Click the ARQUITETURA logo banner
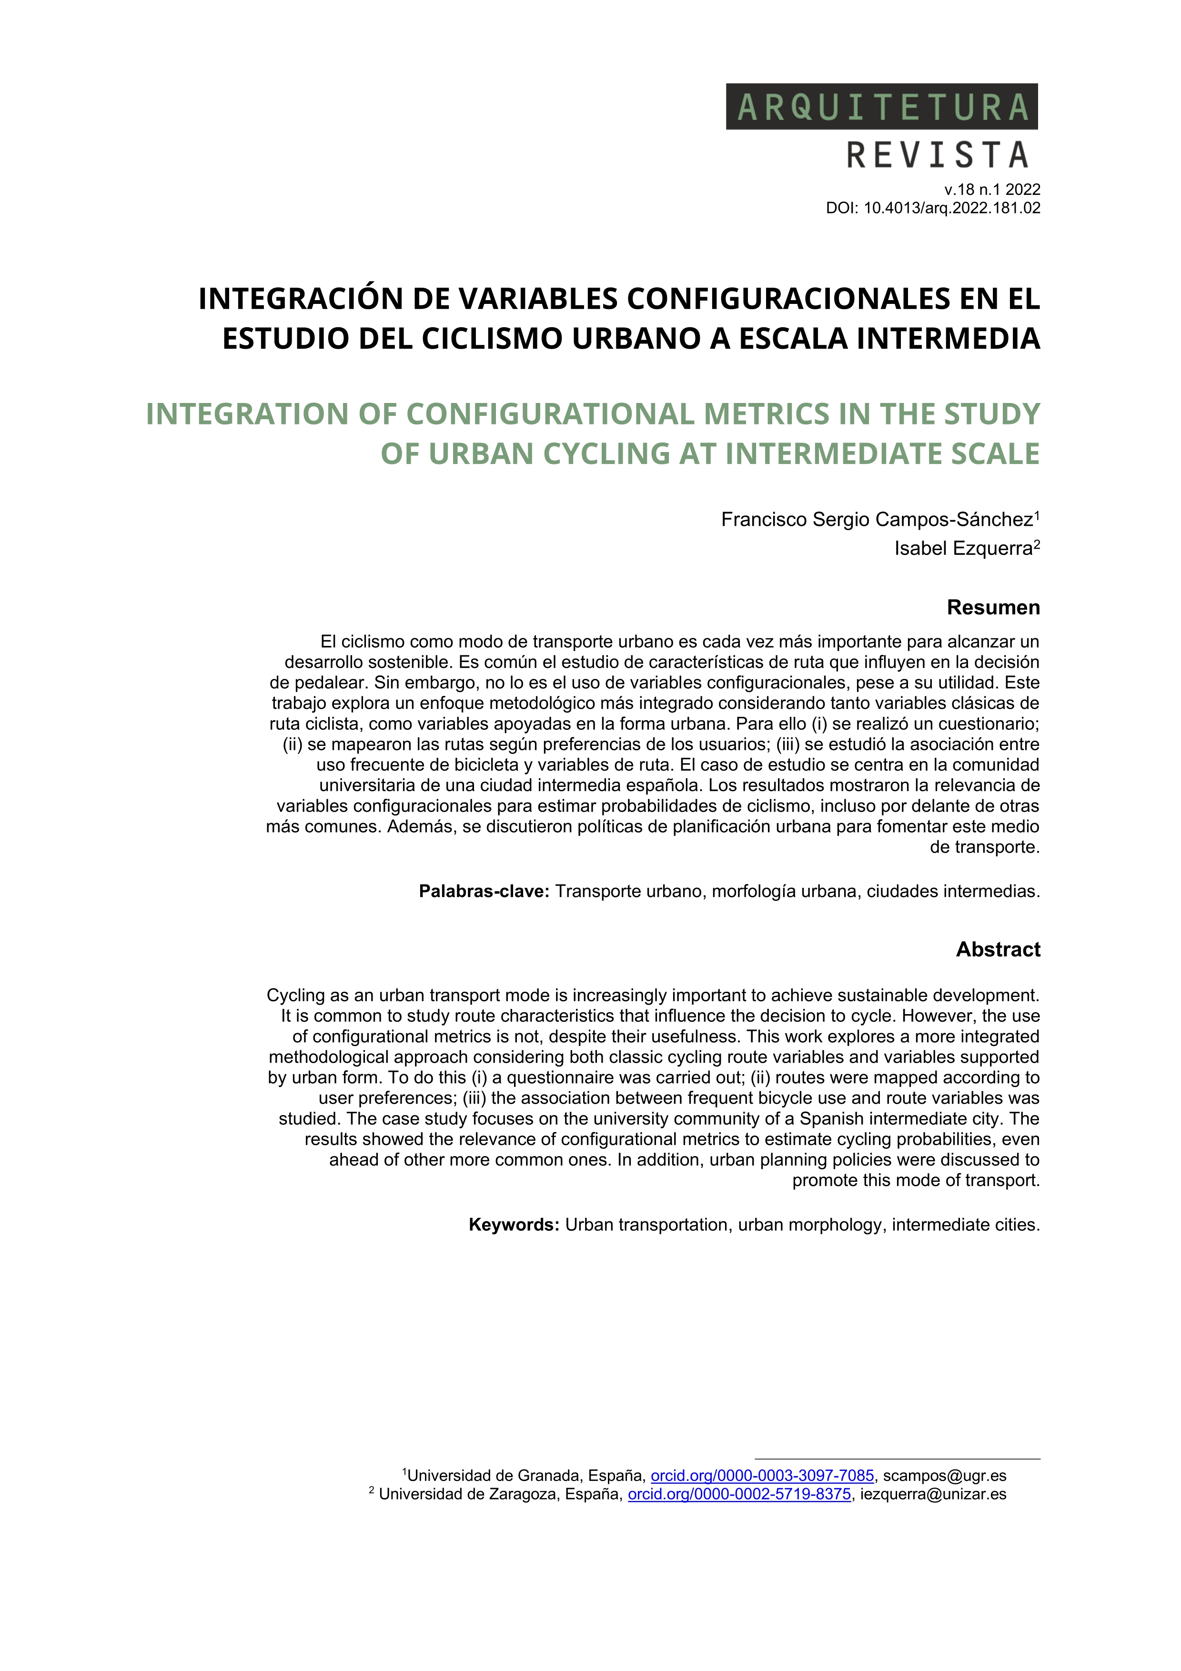881,107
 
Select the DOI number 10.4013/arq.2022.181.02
952,208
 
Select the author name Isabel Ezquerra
963,549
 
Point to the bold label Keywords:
514,1225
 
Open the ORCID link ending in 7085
762,1476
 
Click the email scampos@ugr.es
945,1476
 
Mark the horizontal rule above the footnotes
897,1459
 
